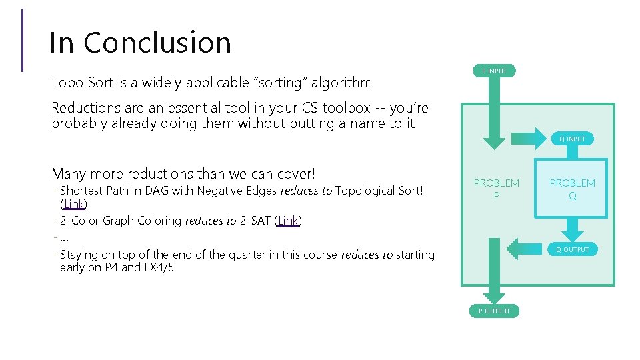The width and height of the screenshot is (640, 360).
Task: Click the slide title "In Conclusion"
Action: click(x=140, y=43)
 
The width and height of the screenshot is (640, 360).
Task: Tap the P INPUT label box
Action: click(x=494, y=71)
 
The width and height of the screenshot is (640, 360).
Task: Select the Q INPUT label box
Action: click(x=572, y=139)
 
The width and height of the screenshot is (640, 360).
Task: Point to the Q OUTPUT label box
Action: click(x=573, y=249)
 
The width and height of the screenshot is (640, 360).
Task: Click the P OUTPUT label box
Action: click(x=494, y=311)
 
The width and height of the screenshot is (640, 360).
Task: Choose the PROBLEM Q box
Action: click(x=572, y=189)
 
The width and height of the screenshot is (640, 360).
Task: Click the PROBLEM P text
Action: click(x=496, y=189)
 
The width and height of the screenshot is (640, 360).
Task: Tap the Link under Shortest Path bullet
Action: click(x=73, y=204)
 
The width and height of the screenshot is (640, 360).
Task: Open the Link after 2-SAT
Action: click(x=288, y=221)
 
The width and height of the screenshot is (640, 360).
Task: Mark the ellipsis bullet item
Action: click(x=65, y=238)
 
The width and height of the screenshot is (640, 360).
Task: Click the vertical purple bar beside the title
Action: click(x=23, y=40)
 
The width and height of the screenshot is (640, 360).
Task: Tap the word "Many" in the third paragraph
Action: click(x=69, y=174)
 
